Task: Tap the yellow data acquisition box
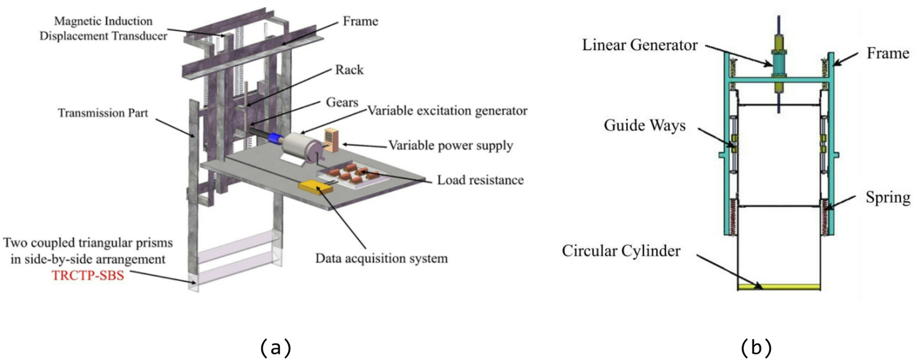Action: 315,187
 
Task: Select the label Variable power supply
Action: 450,145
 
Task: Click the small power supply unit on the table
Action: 331,139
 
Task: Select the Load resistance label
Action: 480,180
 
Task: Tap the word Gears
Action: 342,102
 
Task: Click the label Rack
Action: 349,70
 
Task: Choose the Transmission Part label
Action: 102,113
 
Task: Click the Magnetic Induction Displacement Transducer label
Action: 103,29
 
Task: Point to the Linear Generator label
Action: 639,45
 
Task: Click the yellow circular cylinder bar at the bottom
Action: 779,287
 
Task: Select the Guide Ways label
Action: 644,125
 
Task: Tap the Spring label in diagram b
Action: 887,197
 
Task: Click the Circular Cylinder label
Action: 621,251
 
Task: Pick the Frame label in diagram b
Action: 887,53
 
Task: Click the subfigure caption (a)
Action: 275,347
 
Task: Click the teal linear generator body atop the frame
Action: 779,65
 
